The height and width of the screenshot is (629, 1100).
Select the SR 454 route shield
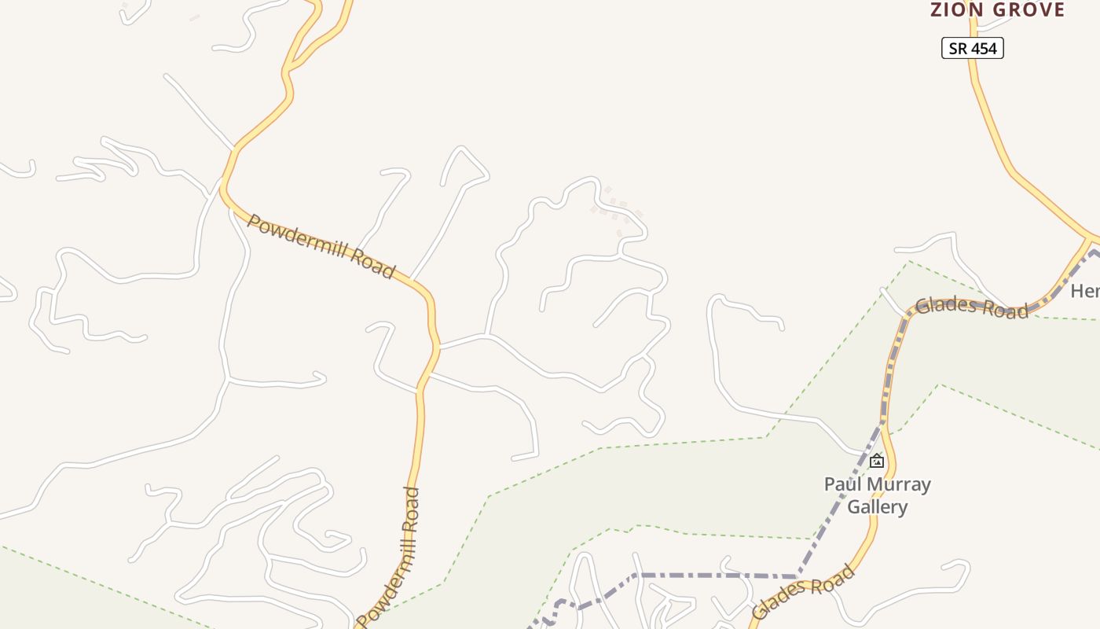click(973, 48)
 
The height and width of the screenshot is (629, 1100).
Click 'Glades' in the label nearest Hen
click(948, 305)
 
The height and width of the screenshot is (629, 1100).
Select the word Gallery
click(877, 507)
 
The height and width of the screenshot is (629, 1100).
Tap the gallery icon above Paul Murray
click(877, 461)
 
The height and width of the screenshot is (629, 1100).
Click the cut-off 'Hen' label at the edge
click(1085, 291)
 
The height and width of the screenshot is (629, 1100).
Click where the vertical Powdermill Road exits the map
click(360, 624)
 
